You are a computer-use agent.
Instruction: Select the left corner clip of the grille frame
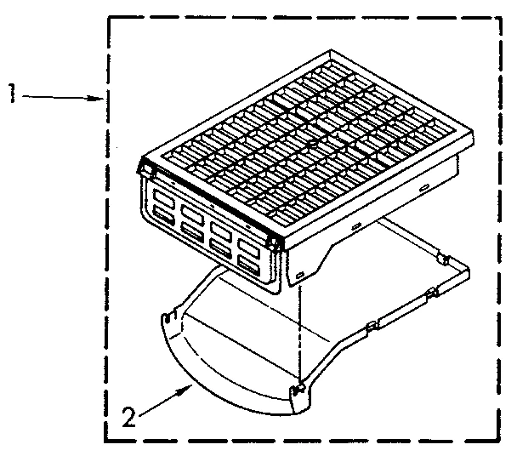[x=145, y=170]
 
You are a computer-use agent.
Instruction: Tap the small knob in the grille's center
[x=313, y=146]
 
